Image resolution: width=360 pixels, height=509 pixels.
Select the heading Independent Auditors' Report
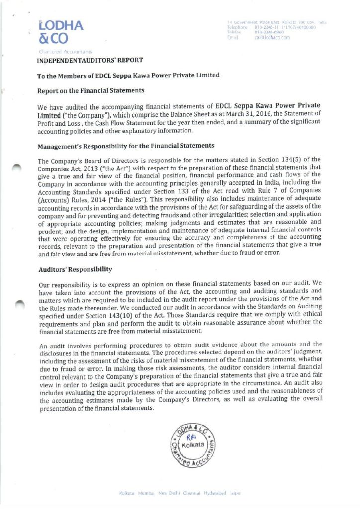90,60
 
